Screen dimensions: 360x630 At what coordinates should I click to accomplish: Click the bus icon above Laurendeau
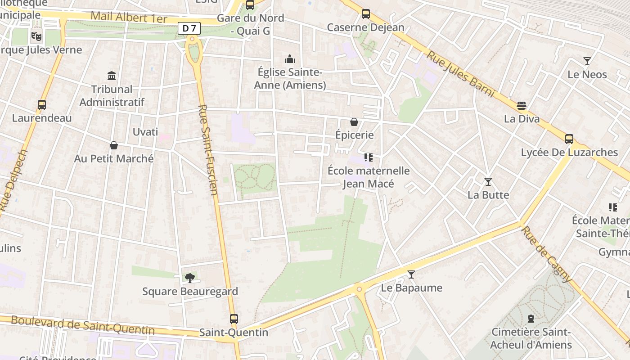pyautogui.click(x=42, y=105)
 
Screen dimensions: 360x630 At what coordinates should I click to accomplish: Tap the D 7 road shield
pyautogui.click(x=189, y=28)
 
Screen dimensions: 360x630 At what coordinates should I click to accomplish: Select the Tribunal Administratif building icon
pyautogui.click(x=112, y=76)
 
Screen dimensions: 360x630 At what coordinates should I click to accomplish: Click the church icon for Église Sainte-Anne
pyautogui.click(x=290, y=59)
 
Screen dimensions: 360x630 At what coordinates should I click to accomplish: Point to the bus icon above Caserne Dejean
pyautogui.click(x=366, y=14)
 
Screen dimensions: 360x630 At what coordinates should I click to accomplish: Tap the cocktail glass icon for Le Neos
pyautogui.click(x=587, y=61)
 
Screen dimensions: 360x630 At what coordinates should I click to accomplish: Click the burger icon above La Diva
pyautogui.click(x=522, y=106)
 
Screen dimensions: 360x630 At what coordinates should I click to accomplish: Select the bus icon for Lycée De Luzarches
pyautogui.click(x=569, y=139)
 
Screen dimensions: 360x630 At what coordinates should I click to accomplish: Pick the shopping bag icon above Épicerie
pyautogui.click(x=354, y=122)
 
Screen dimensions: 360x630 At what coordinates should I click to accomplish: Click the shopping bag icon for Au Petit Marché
pyautogui.click(x=114, y=145)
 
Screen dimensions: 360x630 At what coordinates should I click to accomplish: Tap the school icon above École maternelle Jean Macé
pyautogui.click(x=369, y=157)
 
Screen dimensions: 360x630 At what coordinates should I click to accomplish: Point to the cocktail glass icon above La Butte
pyautogui.click(x=488, y=182)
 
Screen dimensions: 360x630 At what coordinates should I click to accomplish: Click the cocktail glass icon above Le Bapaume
pyautogui.click(x=411, y=274)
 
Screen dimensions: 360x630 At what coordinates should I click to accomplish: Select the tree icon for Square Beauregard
pyautogui.click(x=190, y=278)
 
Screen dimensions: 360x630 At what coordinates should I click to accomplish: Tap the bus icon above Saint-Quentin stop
pyautogui.click(x=234, y=319)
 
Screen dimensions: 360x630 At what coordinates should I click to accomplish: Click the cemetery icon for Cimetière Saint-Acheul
pyautogui.click(x=531, y=319)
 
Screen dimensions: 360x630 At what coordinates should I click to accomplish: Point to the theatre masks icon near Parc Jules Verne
pyautogui.click(x=36, y=36)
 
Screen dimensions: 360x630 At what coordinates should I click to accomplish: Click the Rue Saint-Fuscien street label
pyautogui.click(x=208, y=150)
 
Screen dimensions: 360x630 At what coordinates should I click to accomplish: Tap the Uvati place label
pyautogui.click(x=145, y=132)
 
